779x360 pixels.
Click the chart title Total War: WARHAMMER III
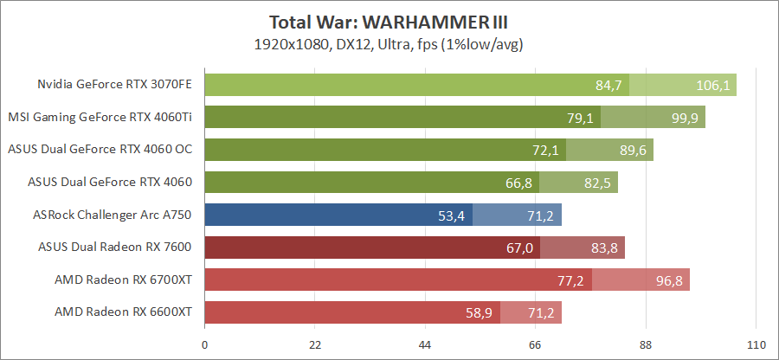coord(389,22)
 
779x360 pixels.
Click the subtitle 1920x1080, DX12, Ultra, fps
coord(389,43)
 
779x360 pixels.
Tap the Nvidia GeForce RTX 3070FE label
coord(114,85)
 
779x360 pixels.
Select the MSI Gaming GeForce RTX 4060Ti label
coord(100,117)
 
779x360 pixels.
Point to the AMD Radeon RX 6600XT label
coord(123,311)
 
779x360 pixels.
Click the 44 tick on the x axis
coord(425,345)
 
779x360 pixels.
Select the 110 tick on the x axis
coord(756,345)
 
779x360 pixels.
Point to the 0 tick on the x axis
coord(204,345)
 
